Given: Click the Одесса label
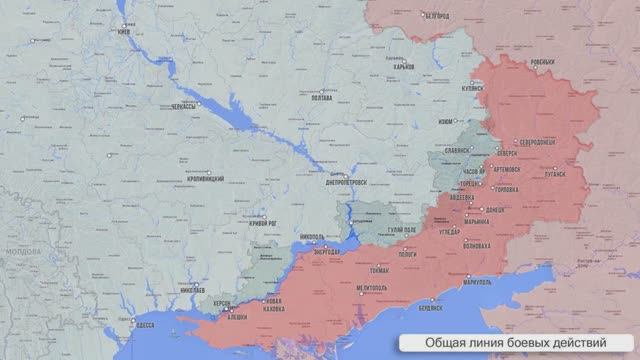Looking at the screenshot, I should point(146,325).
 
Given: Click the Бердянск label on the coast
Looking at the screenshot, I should point(431,308).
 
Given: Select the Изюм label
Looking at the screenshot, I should point(446,123).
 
